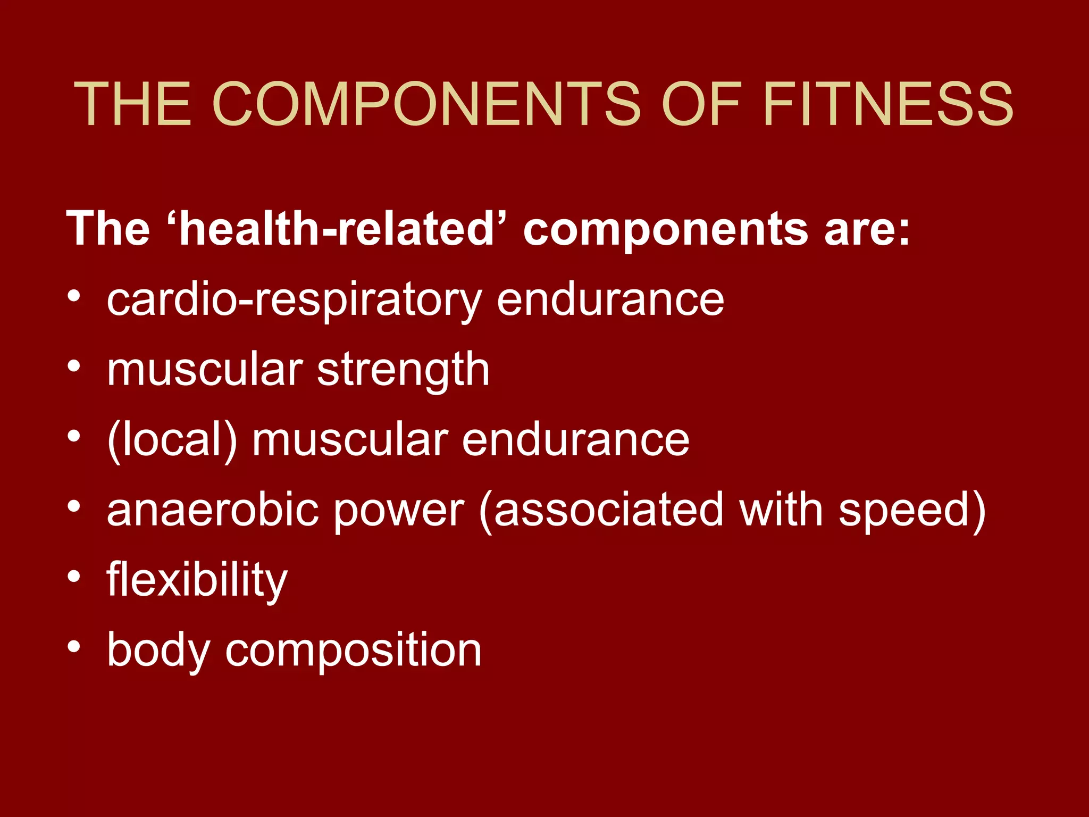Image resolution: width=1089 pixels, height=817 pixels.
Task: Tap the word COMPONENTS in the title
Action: pos(426,104)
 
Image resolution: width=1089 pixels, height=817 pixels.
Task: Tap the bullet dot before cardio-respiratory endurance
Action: pos(74,296)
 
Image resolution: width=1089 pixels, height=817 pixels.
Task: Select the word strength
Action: pos(403,370)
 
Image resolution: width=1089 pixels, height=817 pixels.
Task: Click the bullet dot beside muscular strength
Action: pos(74,366)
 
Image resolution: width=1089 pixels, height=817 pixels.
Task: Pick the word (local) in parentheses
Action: pos(172,440)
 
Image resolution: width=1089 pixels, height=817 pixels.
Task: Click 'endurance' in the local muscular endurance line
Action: pos(575,440)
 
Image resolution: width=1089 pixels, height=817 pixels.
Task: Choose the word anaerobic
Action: pos(213,510)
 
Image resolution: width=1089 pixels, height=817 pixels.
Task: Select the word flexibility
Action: pos(197,580)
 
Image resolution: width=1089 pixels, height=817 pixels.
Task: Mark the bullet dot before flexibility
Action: pos(74,577)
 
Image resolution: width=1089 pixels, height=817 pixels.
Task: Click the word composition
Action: pos(353,651)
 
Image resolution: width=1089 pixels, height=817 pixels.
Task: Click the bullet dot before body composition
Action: pos(74,647)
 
